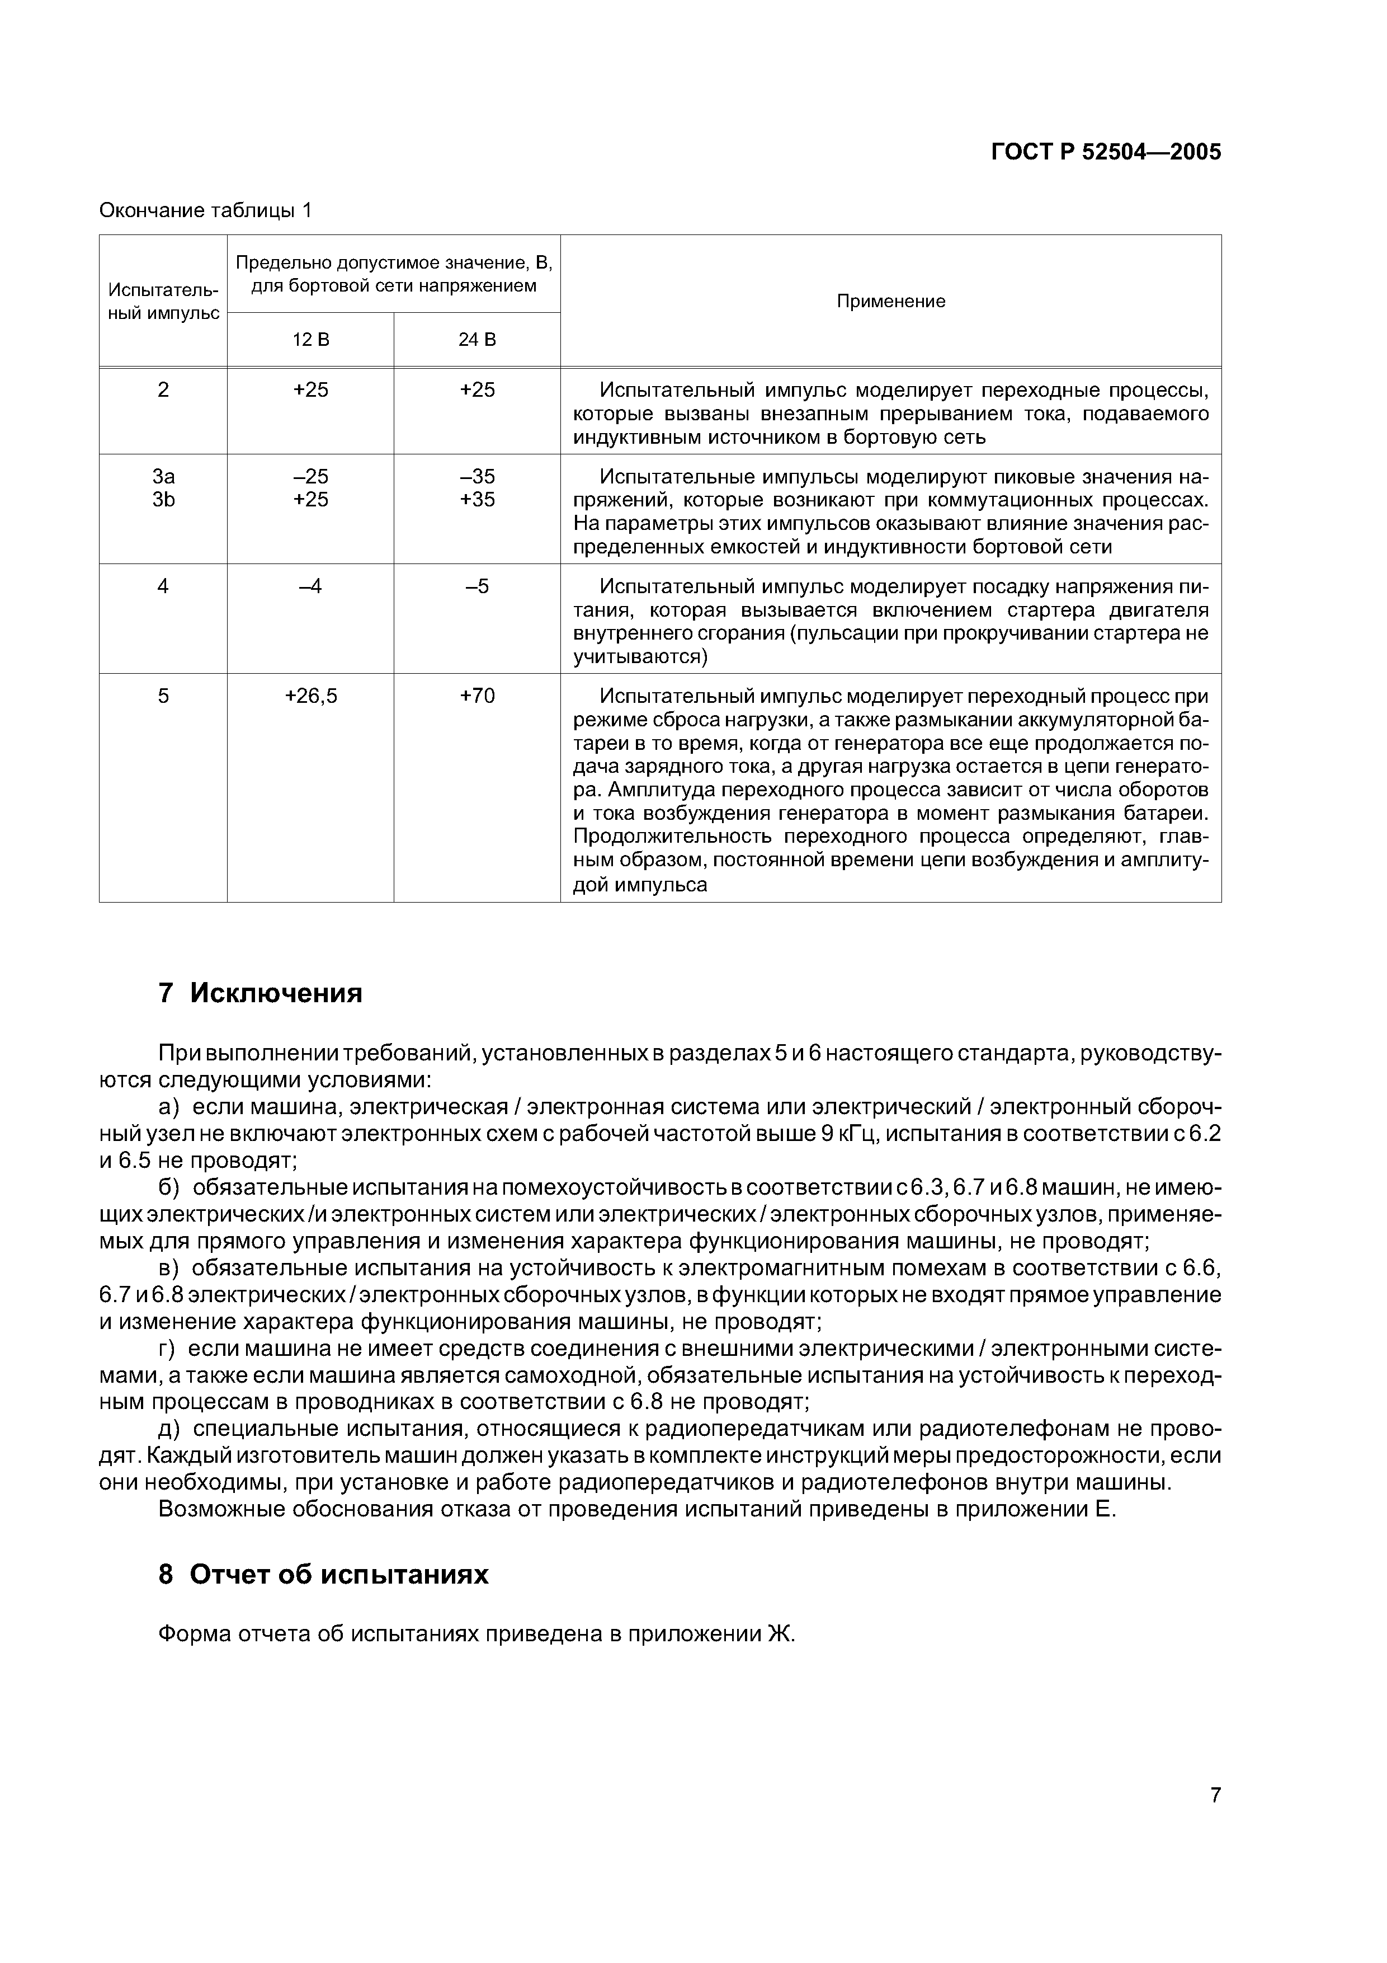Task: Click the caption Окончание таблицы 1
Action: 206,210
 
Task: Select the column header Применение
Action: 890,301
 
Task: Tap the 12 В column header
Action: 310,340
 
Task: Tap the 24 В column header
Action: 477,340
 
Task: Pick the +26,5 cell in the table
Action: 310,696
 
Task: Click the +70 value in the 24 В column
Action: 477,696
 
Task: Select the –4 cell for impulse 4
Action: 310,586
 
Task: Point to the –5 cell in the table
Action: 477,586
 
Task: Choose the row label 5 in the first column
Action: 163,696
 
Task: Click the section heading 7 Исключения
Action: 261,993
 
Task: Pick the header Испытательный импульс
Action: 163,301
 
